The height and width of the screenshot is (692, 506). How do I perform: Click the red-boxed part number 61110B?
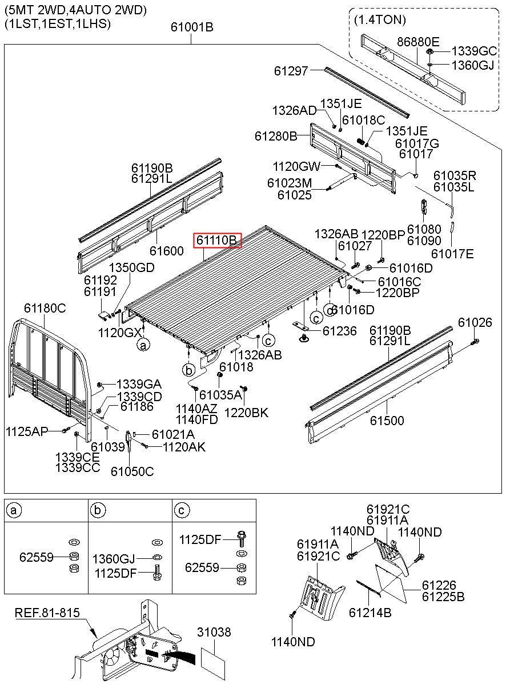point(217,241)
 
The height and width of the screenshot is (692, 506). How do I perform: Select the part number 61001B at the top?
point(192,26)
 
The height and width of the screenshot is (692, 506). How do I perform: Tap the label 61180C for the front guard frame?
point(45,309)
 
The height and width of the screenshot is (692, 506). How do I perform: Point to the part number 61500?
point(387,421)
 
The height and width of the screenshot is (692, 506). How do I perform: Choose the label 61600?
point(167,251)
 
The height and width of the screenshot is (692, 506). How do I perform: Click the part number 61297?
point(291,71)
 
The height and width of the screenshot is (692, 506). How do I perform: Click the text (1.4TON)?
point(380,20)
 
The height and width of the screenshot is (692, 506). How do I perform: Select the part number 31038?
point(214,632)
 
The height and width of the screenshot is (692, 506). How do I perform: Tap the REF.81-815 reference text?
point(47,613)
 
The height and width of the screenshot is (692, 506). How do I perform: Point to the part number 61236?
point(339,331)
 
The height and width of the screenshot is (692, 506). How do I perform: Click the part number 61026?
point(475,323)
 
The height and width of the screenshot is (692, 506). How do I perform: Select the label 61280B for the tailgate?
point(276,137)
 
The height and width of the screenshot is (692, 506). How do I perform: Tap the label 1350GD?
point(132,267)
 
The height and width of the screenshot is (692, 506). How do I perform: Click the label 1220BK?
point(246,413)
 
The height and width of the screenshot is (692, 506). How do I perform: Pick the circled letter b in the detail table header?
point(99,510)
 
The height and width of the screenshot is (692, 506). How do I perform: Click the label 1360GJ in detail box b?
point(114,558)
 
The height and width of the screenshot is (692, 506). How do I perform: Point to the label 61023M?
point(290,183)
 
